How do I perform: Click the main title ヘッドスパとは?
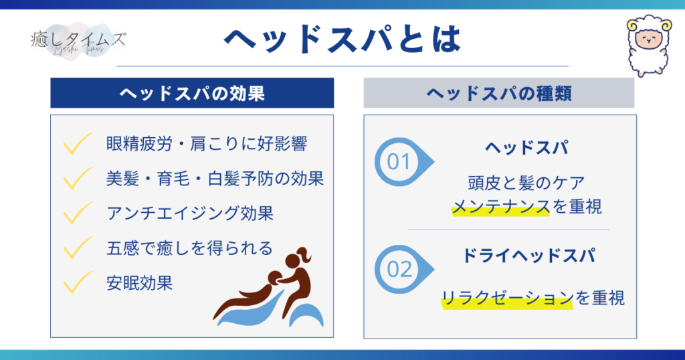click(342, 39)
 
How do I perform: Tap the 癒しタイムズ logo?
click(78, 41)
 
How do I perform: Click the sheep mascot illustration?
click(649, 47)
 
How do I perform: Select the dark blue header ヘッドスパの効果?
click(192, 93)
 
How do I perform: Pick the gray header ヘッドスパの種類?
click(499, 93)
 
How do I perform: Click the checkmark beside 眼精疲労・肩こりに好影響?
click(78, 143)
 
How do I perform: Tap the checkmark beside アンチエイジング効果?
click(78, 213)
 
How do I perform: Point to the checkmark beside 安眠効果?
click(78, 282)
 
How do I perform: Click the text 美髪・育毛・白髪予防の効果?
click(215, 179)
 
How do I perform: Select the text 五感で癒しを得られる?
click(189, 248)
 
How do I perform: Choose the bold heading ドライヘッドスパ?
click(528, 256)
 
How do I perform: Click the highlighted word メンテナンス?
click(500, 206)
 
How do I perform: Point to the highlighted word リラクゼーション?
click(507, 298)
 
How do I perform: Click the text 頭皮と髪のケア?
click(526, 183)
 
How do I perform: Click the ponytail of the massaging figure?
click(304, 255)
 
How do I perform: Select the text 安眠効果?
click(140, 283)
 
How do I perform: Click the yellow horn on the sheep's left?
click(632, 25)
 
